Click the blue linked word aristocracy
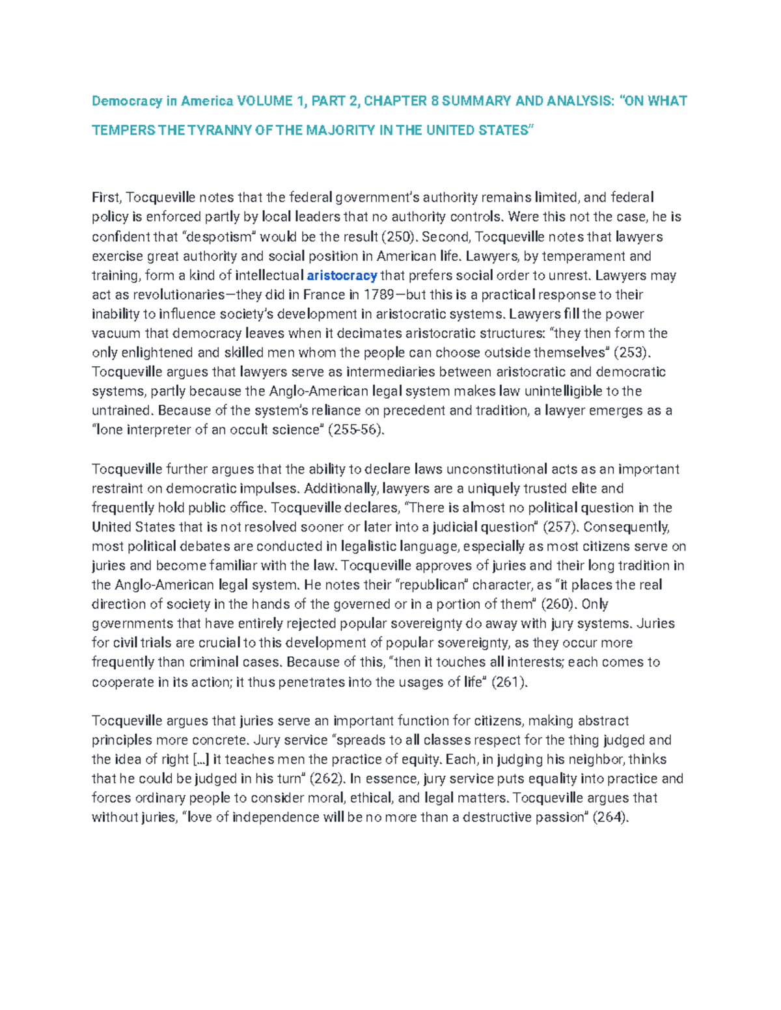click(342, 275)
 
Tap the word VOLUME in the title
click(265, 101)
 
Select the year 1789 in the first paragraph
click(378, 295)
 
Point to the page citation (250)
click(399, 237)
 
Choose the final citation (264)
click(609, 817)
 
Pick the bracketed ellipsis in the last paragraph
click(202, 760)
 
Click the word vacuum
click(116, 334)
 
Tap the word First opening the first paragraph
click(106, 198)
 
